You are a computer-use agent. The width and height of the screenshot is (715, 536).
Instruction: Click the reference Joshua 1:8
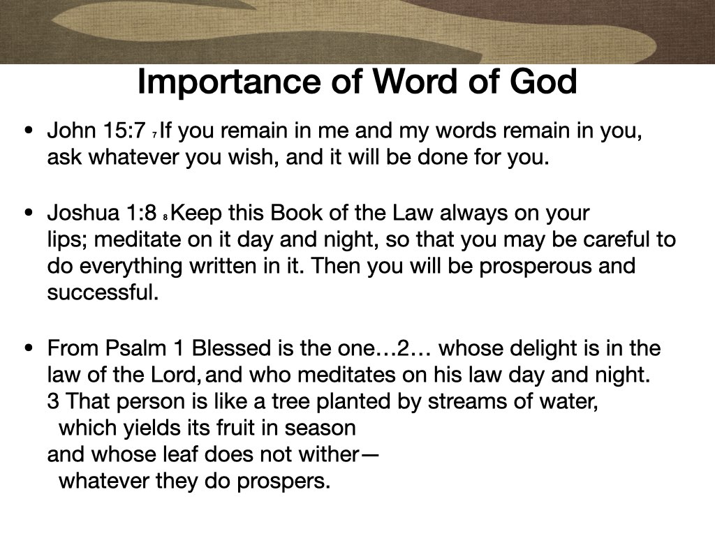pyautogui.click(x=102, y=212)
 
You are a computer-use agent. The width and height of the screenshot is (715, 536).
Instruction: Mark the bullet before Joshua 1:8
pyautogui.click(x=28, y=212)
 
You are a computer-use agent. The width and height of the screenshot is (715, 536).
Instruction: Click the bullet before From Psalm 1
pyautogui.click(x=28, y=348)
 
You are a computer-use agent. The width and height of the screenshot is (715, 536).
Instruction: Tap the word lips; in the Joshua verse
pyautogui.click(x=66, y=240)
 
